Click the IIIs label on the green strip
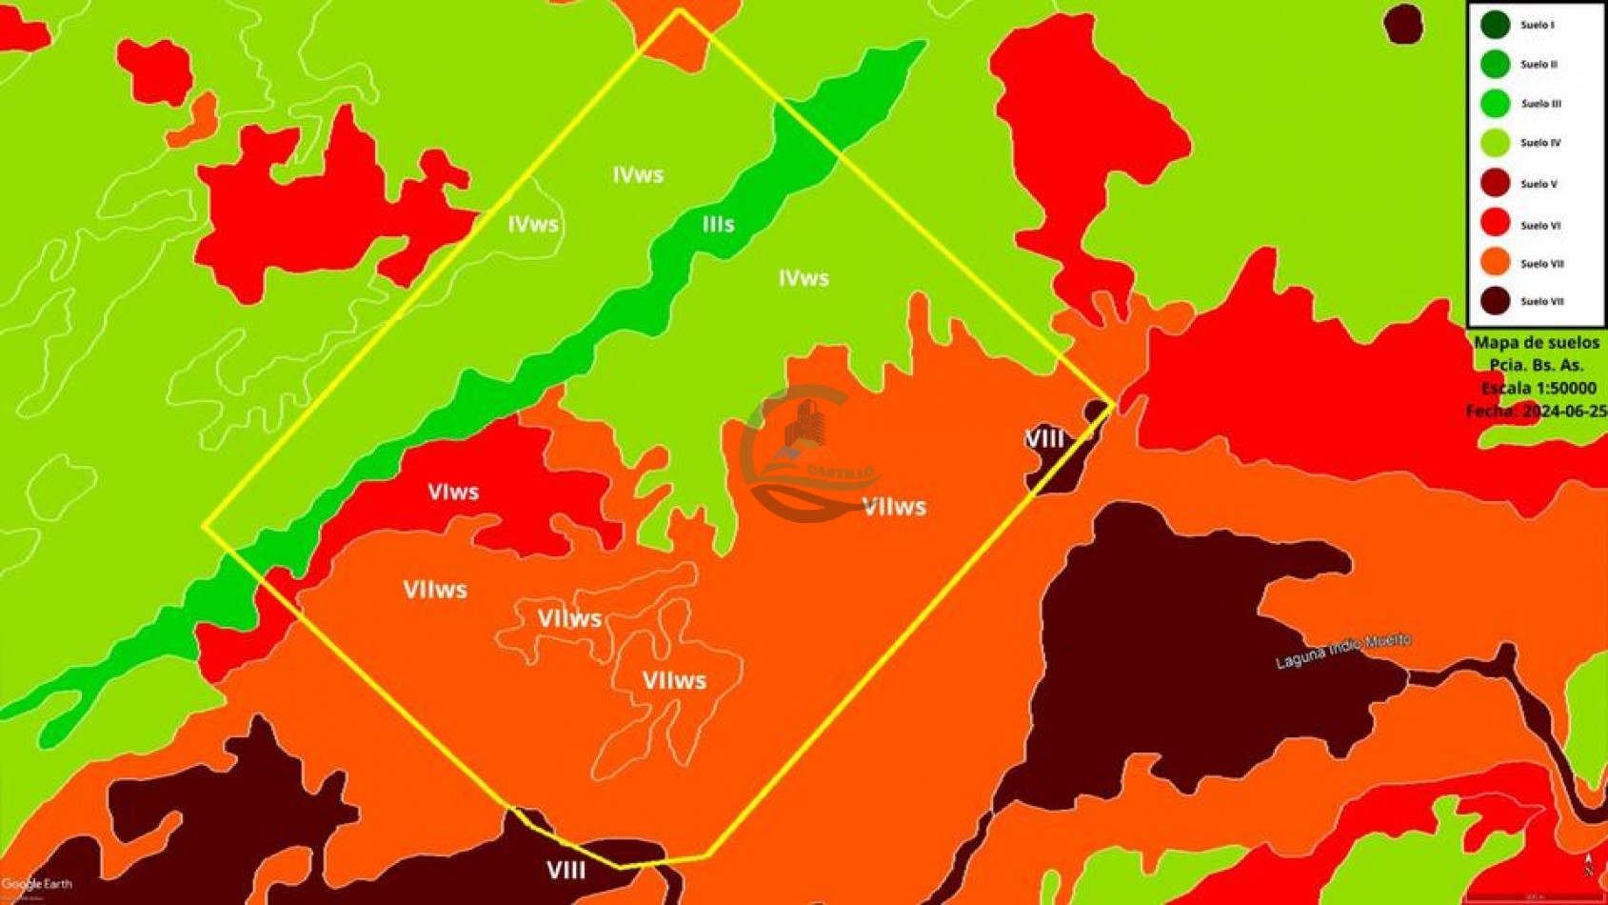tap(718, 224)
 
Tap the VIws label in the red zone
tap(453, 492)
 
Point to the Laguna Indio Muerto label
tap(1343, 651)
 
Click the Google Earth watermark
tap(36, 884)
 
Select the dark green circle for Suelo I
tap(1495, 25)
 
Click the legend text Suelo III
tap(1540, 104)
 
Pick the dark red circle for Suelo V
tap(1495, 183)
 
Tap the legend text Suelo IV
tap(1540, 143)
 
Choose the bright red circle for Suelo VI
tap(1495, 223)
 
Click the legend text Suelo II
tap(1539, 65)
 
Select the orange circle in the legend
tap(1495, 262)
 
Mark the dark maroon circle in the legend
tap(1495, 301)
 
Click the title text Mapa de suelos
tap(1537, 343)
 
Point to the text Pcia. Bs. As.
tap(1537, 366)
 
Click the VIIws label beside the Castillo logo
tap(894, 507)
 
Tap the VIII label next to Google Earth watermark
tap(566, 870)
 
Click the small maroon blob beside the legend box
tap(1402, 24)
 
